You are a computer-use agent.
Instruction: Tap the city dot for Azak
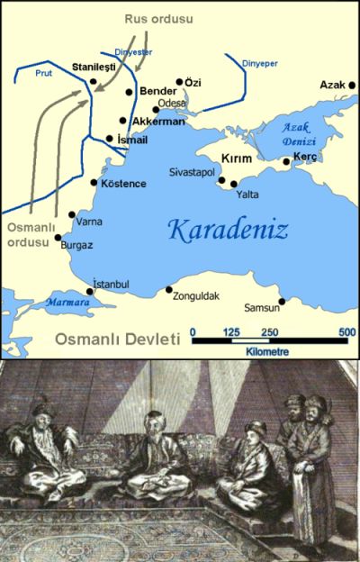[x=347, y=87]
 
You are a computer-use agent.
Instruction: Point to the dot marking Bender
[x=131, y=94]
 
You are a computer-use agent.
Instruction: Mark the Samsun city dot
[x=282, y=302]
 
